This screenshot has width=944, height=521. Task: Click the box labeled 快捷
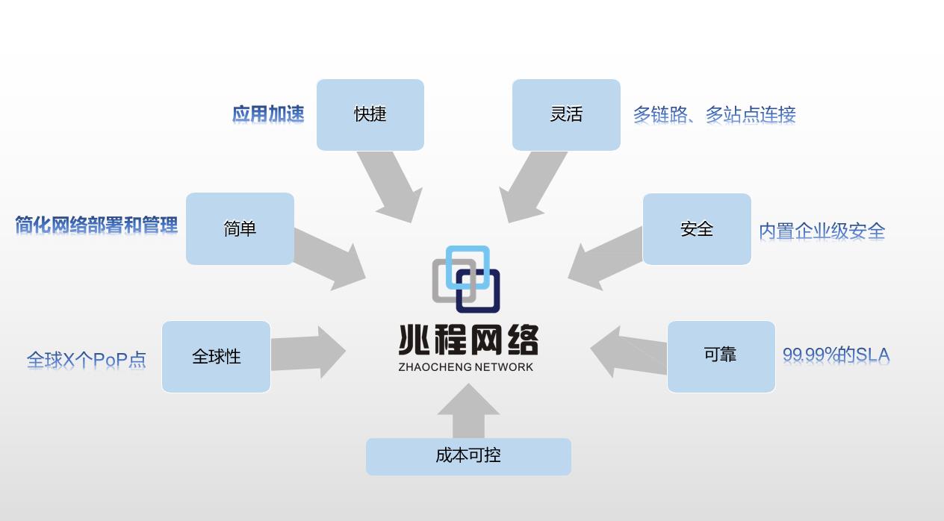[x=370, y=114]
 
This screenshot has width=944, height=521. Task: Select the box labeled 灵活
[x=566, y=114]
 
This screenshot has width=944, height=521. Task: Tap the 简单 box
[x=240, y=228]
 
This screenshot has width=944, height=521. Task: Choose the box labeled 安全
[x=697, y=229]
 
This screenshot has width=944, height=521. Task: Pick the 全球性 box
[x=216, y=357]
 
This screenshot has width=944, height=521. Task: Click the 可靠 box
[x=721, y=355]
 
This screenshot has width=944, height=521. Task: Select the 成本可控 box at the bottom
[x=468, y=456]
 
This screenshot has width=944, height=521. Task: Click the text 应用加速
[x=268, y=114]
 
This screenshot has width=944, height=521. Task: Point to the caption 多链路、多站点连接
[x=714, y=115]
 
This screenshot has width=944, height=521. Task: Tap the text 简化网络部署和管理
[x=96, y=225]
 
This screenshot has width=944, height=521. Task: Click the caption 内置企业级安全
[x=822, y=231]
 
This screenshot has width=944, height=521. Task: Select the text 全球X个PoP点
[x=87, y=360]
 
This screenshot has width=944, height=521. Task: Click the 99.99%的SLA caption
[x=836, y=355]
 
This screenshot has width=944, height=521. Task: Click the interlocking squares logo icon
[x=466, y=278]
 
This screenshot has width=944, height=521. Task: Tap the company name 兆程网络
[x=468, y=341]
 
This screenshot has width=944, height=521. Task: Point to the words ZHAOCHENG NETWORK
[x=466, y=367]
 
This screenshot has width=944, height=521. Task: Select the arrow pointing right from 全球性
[x=306, y=352]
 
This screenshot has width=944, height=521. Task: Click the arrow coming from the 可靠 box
[x=627, y=352]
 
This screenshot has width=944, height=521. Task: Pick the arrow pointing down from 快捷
[x=390, y=187]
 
